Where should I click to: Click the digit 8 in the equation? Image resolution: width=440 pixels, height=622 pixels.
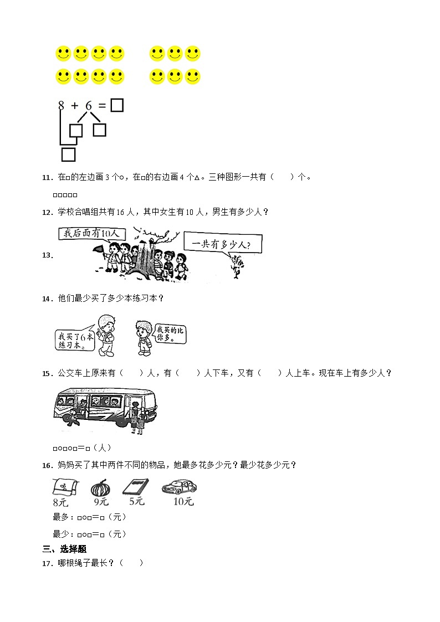pyautogui.click(x=61, y=105)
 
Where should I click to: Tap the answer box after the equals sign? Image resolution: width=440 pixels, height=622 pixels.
pyautogui.click(x=116, y=105)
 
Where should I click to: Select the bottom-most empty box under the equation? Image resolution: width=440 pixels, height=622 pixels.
pyautogui.click(x=68, y=154)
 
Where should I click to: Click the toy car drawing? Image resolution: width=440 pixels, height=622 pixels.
pyautogui.click(x=179, y=487)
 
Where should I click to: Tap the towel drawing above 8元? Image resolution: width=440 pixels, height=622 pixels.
pyautogui.click(x=61, y=486)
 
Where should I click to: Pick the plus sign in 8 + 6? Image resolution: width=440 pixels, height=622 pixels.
pyautogui.click(x=75, y=105)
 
